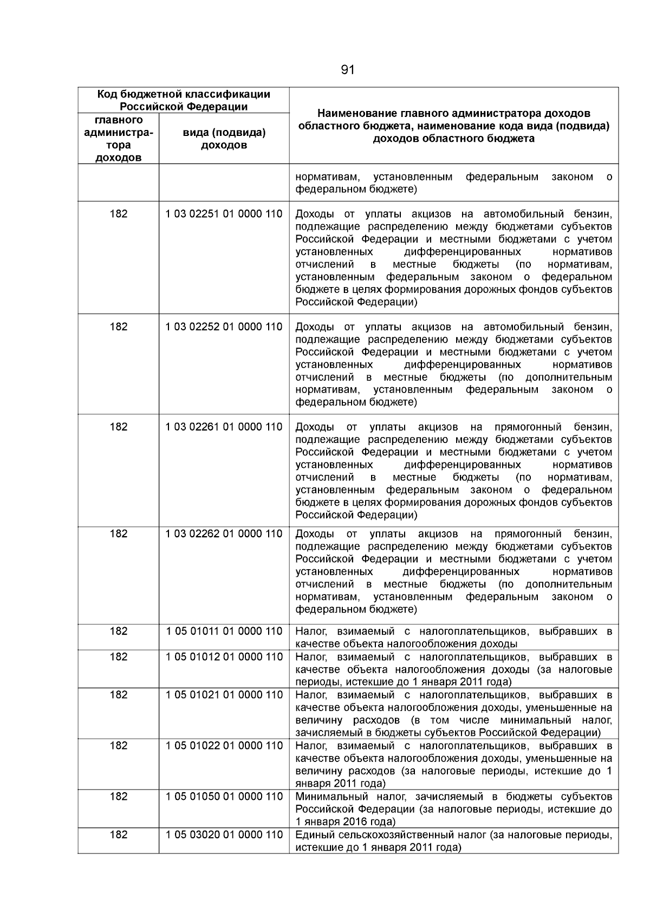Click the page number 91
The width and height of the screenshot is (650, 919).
(x=348, y=70)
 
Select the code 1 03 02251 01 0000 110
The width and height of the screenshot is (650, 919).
(x=224, y=214)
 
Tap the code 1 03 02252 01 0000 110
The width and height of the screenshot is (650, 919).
(x=224, y=327)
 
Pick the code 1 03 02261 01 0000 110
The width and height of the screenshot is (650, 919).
(x=224, y=427)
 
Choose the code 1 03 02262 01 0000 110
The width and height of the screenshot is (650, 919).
(x=224, y=533)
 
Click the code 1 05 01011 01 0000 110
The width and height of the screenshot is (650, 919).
(x=224, y=631)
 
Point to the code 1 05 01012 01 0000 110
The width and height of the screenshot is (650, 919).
(x=224, y=657)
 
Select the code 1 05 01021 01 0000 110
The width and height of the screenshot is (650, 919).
(x=224, y=695)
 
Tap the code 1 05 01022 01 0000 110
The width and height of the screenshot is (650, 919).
(x=224, y=746)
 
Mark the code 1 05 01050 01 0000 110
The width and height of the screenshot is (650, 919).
(x=224, y=797)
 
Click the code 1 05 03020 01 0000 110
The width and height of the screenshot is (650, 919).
(x=224, y=835)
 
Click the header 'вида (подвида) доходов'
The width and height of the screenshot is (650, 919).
(x=224, y=139)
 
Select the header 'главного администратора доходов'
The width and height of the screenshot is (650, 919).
(x=118, y=139)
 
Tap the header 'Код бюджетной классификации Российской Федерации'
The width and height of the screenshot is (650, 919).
(x=183, y=100)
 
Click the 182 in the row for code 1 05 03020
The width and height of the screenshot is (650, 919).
(x=118, y=835)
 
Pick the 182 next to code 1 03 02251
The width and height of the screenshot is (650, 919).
(x=118, y=214)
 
